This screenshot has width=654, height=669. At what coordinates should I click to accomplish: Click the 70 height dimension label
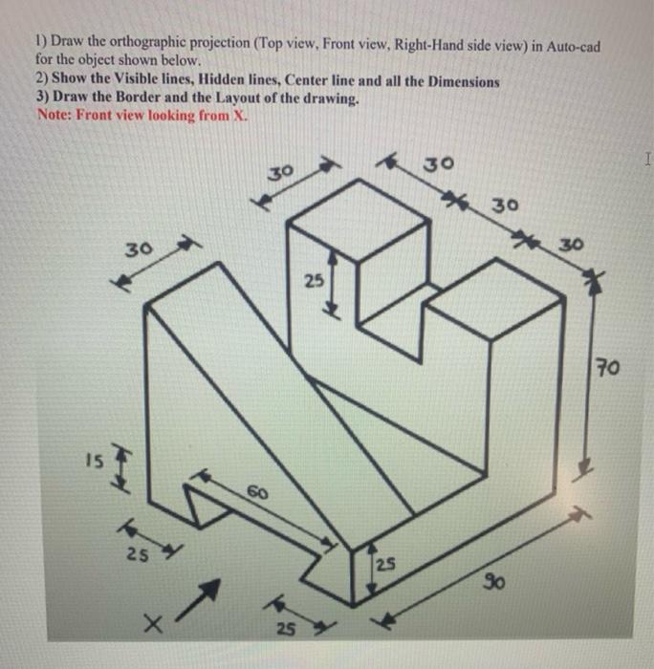pyautogui.click(x=608, y=365)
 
